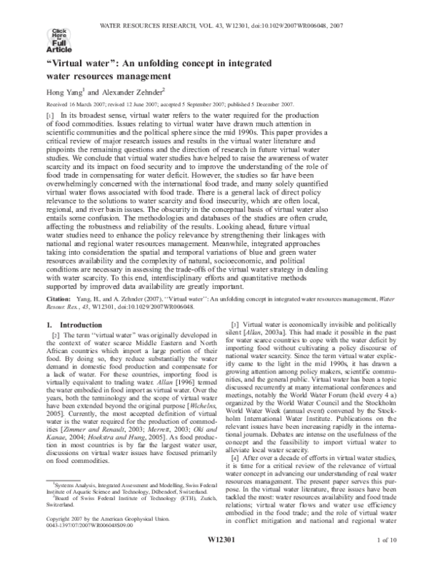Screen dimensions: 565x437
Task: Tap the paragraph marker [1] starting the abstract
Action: (x=50, y=116)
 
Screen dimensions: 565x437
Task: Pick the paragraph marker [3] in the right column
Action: (x=235, y=323)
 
